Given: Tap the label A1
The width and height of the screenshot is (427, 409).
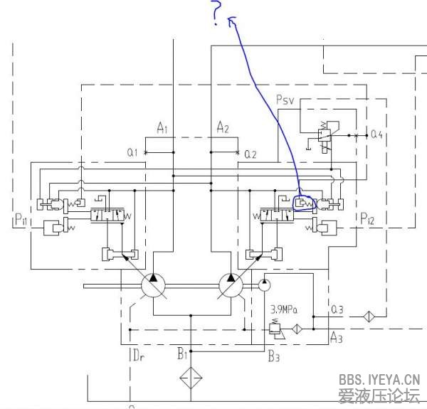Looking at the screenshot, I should tap(162, 128).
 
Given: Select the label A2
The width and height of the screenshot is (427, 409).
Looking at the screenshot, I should tap(223, 128).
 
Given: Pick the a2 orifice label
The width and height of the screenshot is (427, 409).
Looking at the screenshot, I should tap(250, 154).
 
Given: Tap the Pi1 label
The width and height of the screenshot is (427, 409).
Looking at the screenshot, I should tap(20, 221).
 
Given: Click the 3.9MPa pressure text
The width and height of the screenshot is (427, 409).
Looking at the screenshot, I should tap(283, 309).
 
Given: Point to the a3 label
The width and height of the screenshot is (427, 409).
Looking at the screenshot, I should tap(338, 309).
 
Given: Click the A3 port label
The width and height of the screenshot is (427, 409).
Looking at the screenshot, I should tap(337, 339).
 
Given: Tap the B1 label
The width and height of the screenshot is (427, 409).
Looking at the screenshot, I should tap(183, 352).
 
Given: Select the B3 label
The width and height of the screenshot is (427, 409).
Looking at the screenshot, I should tap(274, 356).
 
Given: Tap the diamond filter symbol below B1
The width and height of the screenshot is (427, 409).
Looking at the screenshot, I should tap(191, 377).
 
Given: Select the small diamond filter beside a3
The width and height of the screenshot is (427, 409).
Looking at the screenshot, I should tap(368, 316).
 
